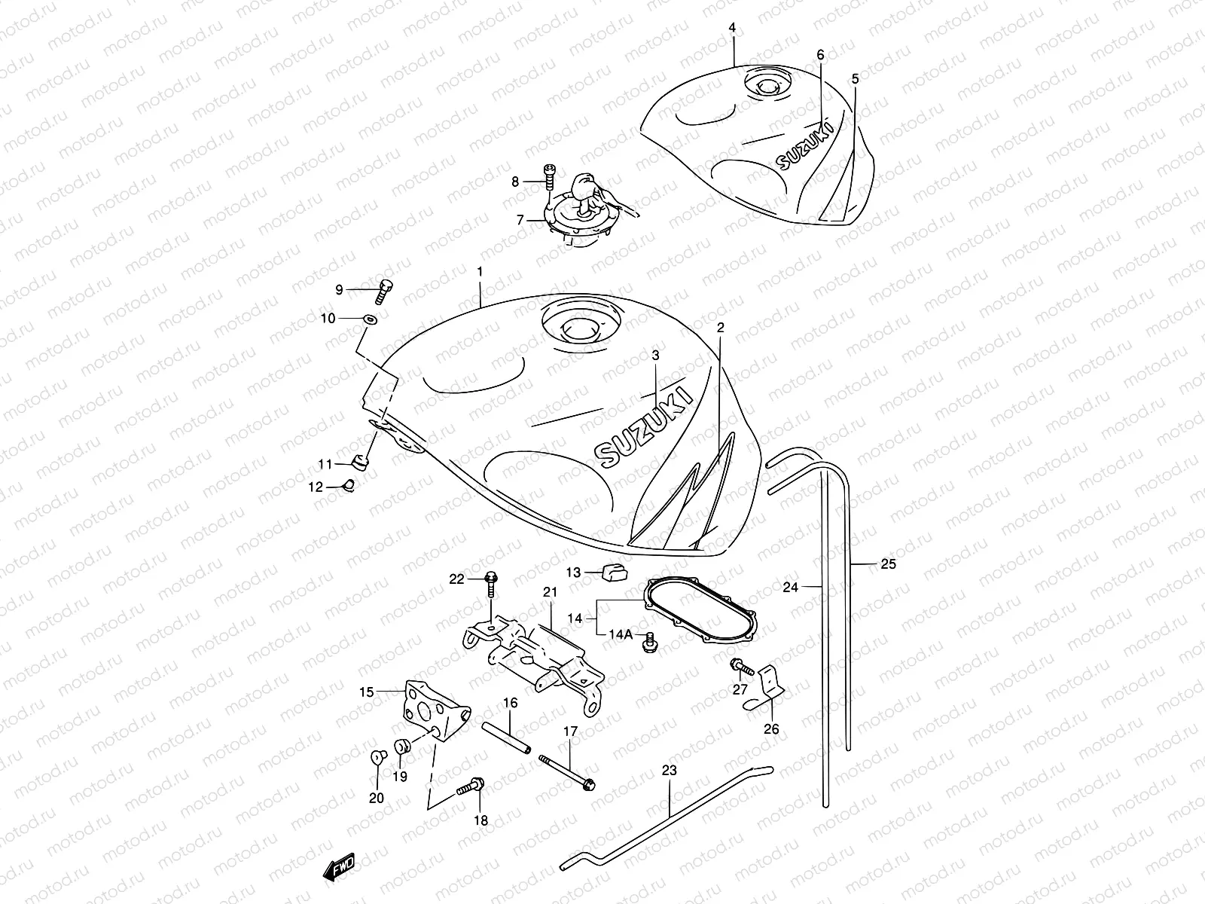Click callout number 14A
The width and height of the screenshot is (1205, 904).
(x=620, y=634)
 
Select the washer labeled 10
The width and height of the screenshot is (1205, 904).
(x=369, y=320)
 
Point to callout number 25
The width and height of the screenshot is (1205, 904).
(x=888, y=563)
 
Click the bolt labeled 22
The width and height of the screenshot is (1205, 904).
(x=492, y=580)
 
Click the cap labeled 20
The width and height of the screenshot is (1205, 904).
(x=377, y=756)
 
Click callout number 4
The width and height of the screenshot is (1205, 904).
(x=732, y=28)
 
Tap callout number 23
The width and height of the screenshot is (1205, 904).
(x=670, y=770)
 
